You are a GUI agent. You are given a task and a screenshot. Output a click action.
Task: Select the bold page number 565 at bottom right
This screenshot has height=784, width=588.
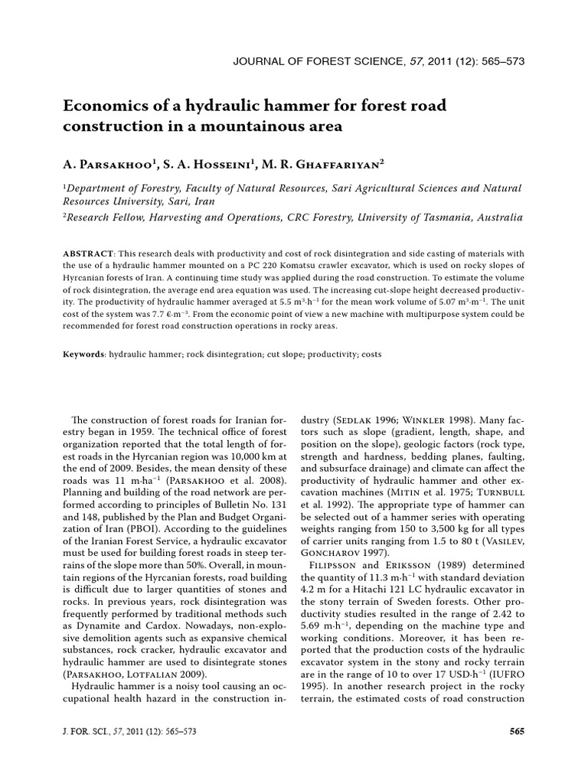click(517, 731)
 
